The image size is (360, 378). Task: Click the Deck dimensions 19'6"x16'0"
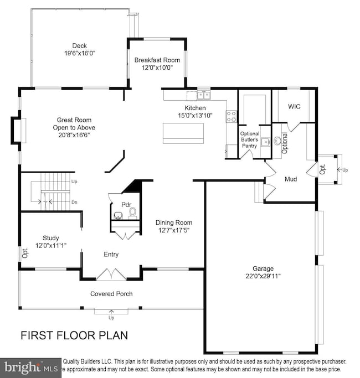[80, 54]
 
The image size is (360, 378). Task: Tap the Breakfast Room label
[157, 60]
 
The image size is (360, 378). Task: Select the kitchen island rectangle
[183, 133]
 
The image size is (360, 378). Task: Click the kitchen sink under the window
[198, 95]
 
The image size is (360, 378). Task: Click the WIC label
[294, 106]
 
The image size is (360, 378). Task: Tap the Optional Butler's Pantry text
[249, 140]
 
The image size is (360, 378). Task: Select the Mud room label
[291, 179]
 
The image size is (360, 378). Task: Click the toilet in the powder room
[132, 212]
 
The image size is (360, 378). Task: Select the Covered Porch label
[111, 293]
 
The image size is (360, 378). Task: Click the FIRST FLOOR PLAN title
[74, 335]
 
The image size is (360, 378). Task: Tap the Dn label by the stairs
[74, 203]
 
